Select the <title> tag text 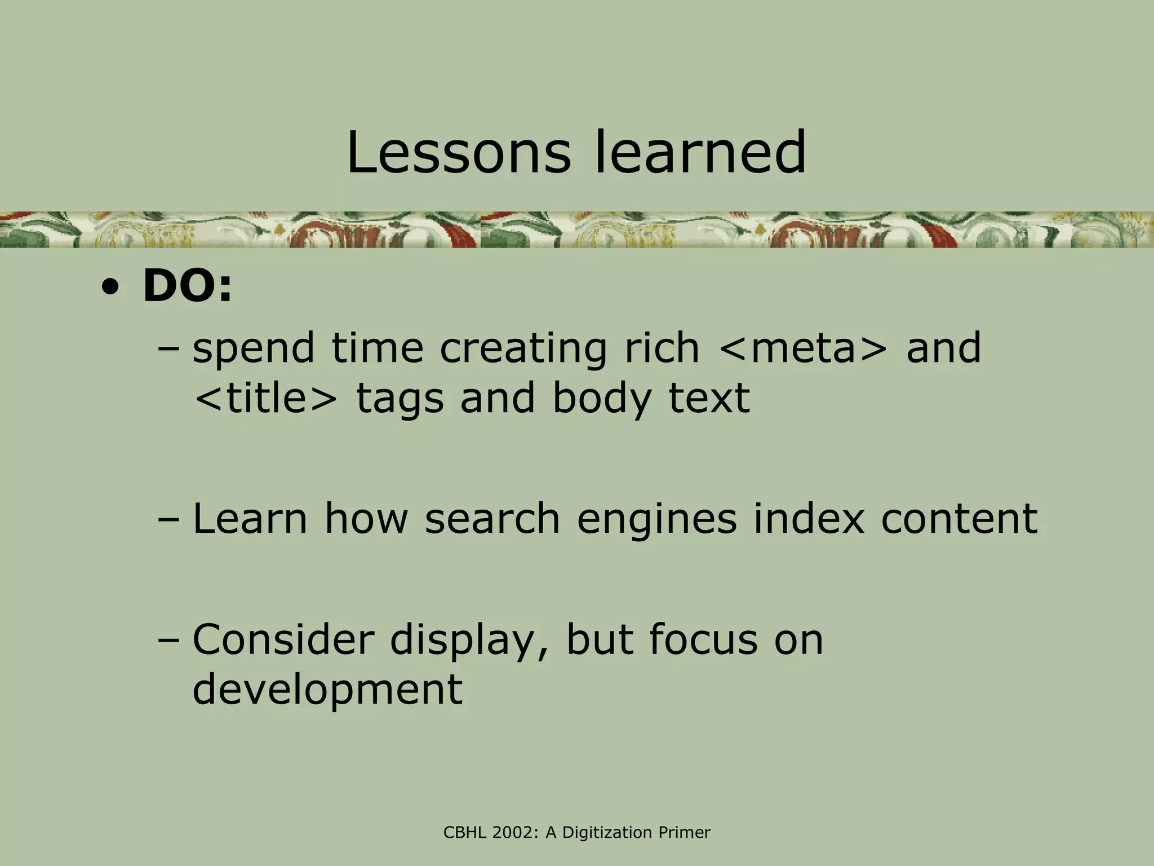point(265,398)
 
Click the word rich point(662,348)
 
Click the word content point(959,519)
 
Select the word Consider point(283,639)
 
